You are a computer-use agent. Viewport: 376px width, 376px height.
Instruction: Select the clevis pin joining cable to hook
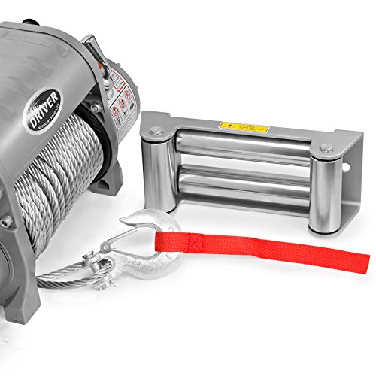pos(99,263)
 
